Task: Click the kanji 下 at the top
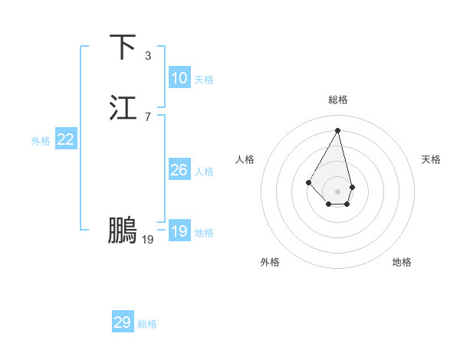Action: [x=123, y=47]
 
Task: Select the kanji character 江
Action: [x=123, y=108]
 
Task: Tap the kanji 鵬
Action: [x=123, y=231]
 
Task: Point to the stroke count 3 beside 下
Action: [x=148, y=56]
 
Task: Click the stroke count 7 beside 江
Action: [x=148, y=116]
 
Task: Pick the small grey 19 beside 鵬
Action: [x=148, y=240]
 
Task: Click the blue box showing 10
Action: [x=179, y=78]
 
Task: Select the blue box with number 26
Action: [x=179, y=170]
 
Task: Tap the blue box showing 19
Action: [x=179, y=231]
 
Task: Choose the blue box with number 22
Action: [x=65, y=139]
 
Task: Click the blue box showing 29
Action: [x=123, y=322]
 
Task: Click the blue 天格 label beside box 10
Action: [x=204, y=80]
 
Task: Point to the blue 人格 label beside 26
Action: [x=204, y=172]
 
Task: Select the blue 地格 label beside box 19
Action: [x=204, y=233]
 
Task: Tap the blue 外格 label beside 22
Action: [x=41, y=141]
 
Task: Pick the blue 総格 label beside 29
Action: [x=147, y=324]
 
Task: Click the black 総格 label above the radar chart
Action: [x=337, y=100]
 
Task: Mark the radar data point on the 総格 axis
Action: [x=337, y=130]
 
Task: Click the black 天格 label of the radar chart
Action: [x=431, y=159]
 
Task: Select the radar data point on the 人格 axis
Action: [x=309, y=182]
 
